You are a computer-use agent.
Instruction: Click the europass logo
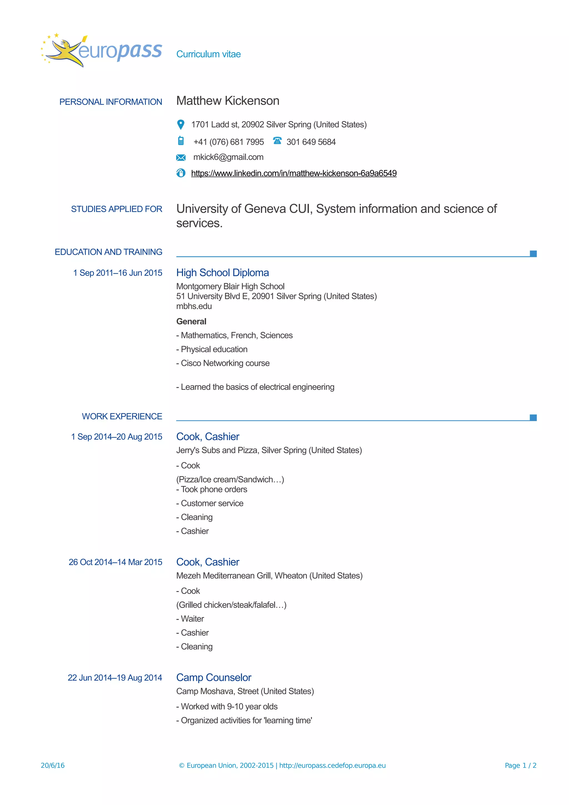[x=102, y=51]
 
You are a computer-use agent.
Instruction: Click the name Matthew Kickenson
[x=228, y=101]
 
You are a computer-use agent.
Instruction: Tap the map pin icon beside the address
[x=181, y=124]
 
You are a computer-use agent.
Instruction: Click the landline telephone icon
[x=277, y=141]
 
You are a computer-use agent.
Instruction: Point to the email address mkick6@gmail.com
[x=228, y=157]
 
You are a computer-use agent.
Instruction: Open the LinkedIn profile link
[x=293, y=173]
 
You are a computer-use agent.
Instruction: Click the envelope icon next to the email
[x=181, y=157]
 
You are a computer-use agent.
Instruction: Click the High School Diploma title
[x=222, y=272]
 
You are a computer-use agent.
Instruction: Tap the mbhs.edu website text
[x=194, y=306]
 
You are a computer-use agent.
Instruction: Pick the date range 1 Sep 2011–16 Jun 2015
[x=118, y=273]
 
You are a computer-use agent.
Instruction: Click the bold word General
[x=191, y=321]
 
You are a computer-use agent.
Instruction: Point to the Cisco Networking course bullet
[x=223, y=363]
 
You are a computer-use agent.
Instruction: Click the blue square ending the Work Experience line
[x=533, y=417]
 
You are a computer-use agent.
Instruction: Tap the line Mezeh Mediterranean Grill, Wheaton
[x=269, y=576]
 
